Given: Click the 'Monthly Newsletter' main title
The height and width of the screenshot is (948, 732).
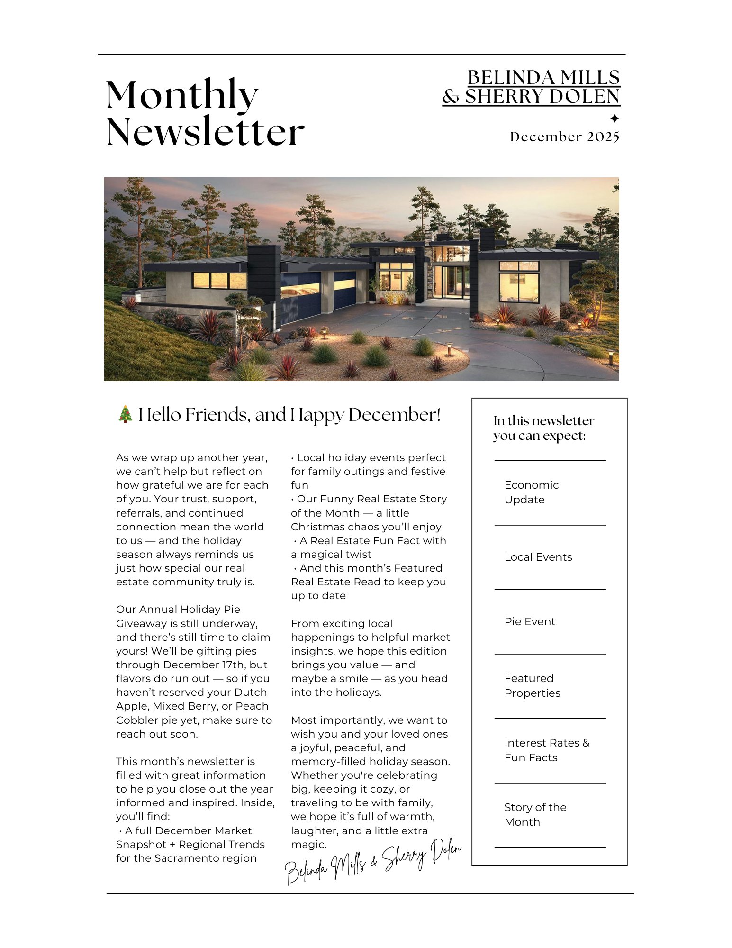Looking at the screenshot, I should point(205,113).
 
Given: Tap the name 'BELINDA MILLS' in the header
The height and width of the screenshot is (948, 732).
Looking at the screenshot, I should point(543,78).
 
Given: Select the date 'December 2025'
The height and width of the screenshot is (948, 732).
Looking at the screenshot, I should point(564,137).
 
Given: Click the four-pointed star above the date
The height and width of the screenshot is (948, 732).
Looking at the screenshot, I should point(614,118).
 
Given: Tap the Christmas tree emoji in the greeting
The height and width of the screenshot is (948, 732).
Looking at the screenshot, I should point(125,414).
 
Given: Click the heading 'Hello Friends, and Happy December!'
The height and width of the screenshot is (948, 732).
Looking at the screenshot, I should point(289,415).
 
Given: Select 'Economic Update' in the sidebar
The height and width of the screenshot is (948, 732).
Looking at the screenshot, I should point(531,492).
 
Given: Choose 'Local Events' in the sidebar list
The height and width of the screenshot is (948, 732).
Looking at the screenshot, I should point(538,557).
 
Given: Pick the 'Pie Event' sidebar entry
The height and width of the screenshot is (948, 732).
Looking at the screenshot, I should point(529,621).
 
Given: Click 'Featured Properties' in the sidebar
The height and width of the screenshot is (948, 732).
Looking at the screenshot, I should point(532,685).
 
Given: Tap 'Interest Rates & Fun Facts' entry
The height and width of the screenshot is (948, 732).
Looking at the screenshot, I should point(546,750).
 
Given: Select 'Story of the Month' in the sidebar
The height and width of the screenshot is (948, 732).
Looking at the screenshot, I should point(535,814).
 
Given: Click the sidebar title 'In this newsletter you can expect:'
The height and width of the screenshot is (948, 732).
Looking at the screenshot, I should point(543,428).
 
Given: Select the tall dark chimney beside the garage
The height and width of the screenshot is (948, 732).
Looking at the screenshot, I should point(264,275).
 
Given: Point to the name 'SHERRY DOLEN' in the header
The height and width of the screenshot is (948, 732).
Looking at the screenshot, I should point(542,97).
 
